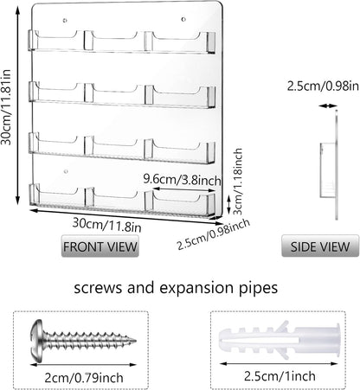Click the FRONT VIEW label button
[x=100, y=246]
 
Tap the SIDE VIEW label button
[x=320, y=246]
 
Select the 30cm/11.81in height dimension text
[x=6, y=107]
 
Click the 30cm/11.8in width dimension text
[x=106, y=225]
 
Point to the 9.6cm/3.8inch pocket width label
[x=183, y=180]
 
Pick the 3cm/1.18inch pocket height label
[x=238, y=182]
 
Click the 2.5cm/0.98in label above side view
[x=323, y=86]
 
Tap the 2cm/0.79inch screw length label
[x=84, y=378]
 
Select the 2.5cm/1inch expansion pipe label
[x=280, y=376]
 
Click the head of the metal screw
[x=36, y=340]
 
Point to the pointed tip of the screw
[x=135, y=341]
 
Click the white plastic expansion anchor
[x=280, y=340]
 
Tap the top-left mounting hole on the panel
[x=65, y=21]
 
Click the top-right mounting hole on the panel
[x=183, y=20]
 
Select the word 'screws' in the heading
[x=98, y=288]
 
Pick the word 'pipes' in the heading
[x=259, y=288]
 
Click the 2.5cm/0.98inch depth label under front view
[x=213, y=234]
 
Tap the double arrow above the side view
[x=328, y=106]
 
